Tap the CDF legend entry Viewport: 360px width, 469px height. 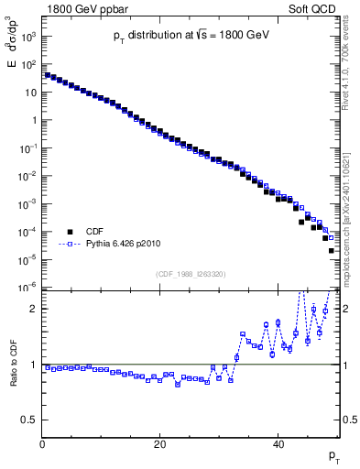[x=96, y=232]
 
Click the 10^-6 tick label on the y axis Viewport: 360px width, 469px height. [x=30, y=288]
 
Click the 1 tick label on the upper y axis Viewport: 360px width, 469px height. [x=35, y=120]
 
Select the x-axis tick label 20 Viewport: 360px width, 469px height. [x=160, y=444]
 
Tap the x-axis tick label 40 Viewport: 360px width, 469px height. [x=278, y=444]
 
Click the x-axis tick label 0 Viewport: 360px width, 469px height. [x=43, y=444]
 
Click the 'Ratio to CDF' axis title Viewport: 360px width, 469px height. [x=12, y=376]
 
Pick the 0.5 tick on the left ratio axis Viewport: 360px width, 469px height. [x=29, y=420]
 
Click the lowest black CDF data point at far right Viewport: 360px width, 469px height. [x=332, y=250]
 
